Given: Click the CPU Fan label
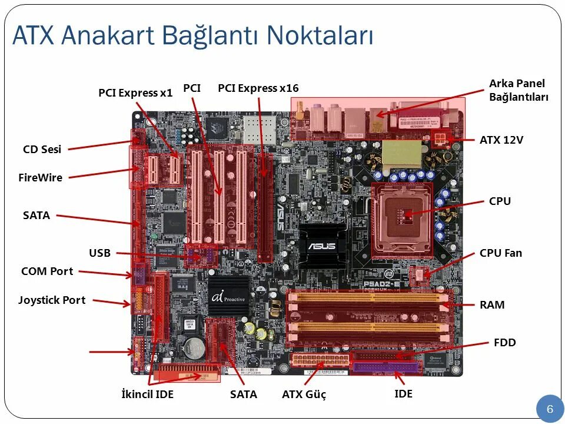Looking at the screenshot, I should [500, 253].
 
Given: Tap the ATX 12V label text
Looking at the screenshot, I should [501, 140].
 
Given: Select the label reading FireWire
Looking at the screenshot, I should [41, 177].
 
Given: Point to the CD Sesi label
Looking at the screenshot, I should [42, 150].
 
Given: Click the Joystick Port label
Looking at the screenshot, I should [52, 300].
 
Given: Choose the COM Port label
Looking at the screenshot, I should [47, 271].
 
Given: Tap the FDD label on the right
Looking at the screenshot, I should [505, 342].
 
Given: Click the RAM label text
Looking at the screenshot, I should [492, 304].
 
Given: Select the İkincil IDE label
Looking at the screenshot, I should [147, 394].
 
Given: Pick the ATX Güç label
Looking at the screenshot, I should [304, 394].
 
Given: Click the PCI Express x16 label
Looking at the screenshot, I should [258, 88].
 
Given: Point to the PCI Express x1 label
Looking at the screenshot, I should [135, 92].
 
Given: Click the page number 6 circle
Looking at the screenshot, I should [550, 409].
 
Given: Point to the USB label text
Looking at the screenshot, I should [99, 253].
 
